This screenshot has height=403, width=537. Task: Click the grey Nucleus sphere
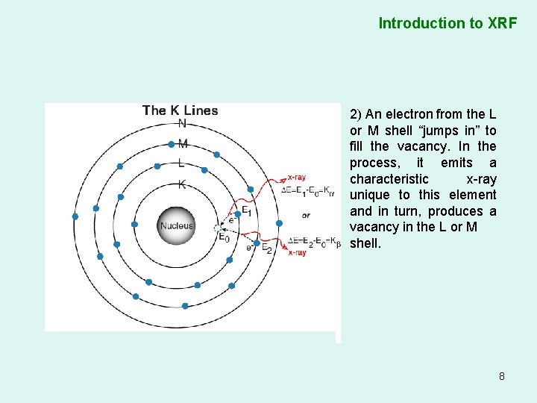(176, 225)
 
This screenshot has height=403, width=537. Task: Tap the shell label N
(183, 123)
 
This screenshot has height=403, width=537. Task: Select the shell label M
(183, 143)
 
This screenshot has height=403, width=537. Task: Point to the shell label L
(181, 163)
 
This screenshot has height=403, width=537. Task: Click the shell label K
(182, 184)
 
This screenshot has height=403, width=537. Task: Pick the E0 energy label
(223, 237)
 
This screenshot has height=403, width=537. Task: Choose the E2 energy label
(266, 248)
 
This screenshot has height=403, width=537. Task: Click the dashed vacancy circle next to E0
(217, 228)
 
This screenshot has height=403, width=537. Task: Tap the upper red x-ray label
(296, 178)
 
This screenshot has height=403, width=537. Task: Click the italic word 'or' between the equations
(306, 215)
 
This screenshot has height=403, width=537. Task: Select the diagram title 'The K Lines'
(180, 111)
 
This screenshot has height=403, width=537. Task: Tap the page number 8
(502, 376)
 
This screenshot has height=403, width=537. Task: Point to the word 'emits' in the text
(456, 163)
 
